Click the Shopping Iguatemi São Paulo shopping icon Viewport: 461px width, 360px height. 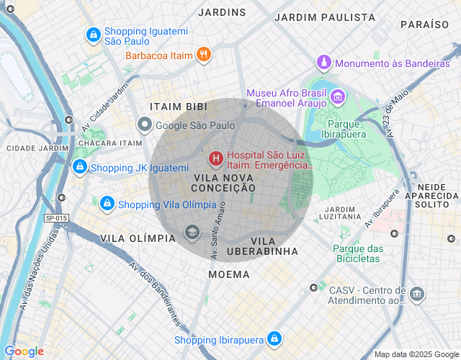point(93,34)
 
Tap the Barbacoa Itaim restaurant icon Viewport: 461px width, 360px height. point(204,54)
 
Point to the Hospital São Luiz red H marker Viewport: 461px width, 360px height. point(215,158)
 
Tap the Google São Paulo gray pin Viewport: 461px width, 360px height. point(145,125)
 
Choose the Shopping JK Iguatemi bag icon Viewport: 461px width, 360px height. point(79,167)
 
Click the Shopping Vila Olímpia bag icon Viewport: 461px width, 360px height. point(107,204)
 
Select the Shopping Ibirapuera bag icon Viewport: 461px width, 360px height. point(274,338)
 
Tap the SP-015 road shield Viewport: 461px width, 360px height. point(56,218)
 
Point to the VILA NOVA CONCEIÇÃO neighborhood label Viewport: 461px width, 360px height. point(223,182)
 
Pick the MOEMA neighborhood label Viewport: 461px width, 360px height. point(229,274)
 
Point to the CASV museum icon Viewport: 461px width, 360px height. point(416,294)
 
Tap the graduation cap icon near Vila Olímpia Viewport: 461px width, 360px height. point(192,232)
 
